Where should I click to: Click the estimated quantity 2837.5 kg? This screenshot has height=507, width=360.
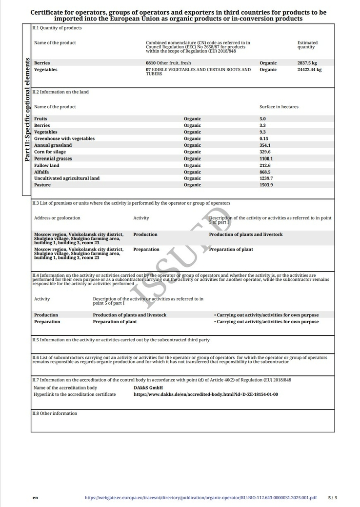307,63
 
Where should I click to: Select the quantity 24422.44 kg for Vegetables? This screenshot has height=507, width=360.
309,70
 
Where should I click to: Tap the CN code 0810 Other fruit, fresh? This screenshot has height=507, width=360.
168,63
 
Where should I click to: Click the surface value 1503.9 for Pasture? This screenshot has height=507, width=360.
266,185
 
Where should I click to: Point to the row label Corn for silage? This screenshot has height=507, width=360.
49,152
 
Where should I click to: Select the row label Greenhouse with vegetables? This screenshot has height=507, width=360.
64,139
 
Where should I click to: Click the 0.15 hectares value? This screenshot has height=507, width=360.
263,139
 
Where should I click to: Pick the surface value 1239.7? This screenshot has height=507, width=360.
266,178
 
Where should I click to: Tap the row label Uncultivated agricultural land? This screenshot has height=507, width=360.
67,178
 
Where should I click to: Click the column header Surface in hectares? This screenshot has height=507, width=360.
279,107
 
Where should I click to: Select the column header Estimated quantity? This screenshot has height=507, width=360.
307,45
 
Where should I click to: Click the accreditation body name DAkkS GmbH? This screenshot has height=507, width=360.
148,388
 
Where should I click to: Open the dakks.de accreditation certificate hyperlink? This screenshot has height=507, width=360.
206,394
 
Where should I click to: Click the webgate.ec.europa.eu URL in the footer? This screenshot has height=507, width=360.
200,498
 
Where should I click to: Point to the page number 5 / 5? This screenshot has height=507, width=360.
332,498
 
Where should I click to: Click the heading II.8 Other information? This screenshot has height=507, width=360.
55,413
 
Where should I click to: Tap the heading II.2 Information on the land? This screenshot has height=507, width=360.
60,92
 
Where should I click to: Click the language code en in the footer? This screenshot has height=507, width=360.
35,498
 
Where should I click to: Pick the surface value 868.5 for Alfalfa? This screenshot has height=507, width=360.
265,172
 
